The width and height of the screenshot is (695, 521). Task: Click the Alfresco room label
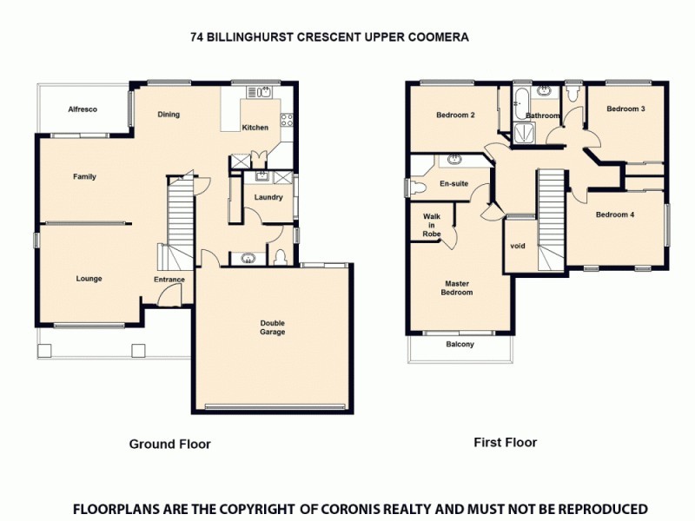coord(83,109)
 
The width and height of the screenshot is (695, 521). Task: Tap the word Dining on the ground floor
coord(169,114)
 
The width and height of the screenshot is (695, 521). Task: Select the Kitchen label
coord(255,128)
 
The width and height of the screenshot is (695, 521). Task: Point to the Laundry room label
coord(268,197)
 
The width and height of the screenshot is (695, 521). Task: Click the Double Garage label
coord(273,327)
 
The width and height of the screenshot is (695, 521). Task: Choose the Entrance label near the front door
coord(169,280)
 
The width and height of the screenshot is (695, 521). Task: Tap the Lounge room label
coord(89,279)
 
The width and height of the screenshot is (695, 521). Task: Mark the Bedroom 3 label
coord(625,109)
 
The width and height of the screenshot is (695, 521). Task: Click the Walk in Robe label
coord(432,225)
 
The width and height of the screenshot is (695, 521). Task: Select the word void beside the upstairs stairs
coord(518,246)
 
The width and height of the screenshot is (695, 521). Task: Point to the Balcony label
coord(460,345)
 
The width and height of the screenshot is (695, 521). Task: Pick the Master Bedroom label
coord(458,288)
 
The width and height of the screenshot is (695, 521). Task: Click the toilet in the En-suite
coord(418,187)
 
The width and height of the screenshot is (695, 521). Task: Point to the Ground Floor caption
coord(170,444)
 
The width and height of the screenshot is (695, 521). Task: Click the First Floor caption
coord(505,442)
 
